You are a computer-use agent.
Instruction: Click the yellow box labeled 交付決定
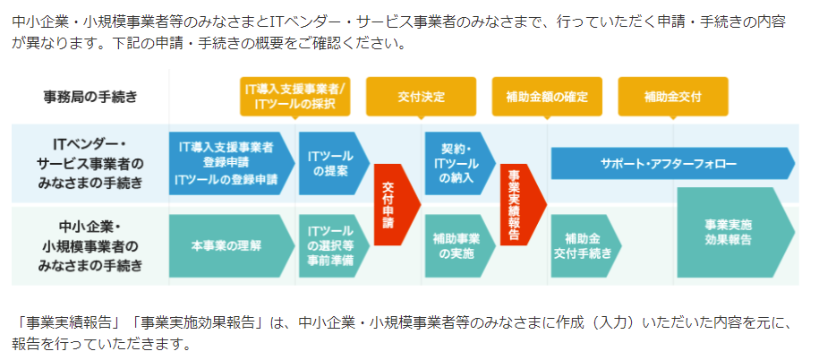click(x=421, y=97)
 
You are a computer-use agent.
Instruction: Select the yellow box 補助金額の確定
click(x=547, y=97)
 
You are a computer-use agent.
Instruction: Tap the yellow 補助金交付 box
click(x=673, y=97)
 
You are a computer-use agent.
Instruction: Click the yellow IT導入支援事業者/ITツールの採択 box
click(x=295, y=97)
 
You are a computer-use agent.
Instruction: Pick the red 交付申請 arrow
click(x=397, y=204)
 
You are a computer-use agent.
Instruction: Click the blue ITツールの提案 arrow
click(x=334, y=163)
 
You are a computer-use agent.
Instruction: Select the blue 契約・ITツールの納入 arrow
click(x=460, y=163)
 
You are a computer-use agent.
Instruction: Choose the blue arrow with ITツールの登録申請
click(x=232, y=163)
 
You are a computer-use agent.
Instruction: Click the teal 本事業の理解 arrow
click(x=232, y=245)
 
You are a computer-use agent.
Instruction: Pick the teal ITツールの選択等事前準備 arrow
click(x=334, y=245)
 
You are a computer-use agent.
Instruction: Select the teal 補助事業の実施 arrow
click(x=460, y=245)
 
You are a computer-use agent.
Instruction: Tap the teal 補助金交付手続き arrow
click(x=586, y=245)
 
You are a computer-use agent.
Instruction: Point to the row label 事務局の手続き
click(x=90, y=97)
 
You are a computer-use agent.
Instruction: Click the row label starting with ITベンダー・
click(x=90, y=163)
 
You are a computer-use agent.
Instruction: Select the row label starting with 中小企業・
click(x=90, y=245)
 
